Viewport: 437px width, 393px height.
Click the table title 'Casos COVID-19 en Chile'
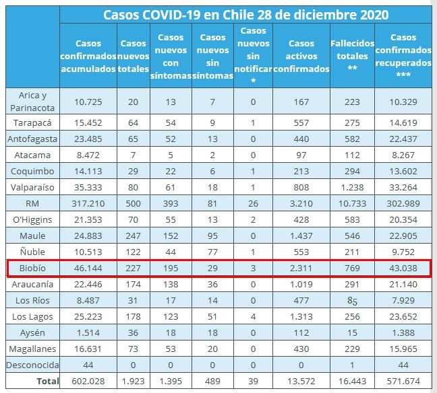tap(246, 15)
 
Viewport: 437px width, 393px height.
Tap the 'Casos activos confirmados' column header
tap(301, 56)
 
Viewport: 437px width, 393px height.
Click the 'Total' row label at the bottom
tap(42, 381)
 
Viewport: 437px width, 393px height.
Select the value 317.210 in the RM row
tap(88, 204)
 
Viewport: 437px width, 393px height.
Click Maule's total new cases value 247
tap(134, 236)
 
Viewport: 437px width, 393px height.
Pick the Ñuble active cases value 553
tap(301, 252)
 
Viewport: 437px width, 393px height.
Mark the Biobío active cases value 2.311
tap(301, 268)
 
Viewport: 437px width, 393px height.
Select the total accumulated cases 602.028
tap(88, 381)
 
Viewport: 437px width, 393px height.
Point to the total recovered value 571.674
tap(403, 381)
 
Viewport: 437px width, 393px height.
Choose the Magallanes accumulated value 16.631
tap(88, 348)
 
